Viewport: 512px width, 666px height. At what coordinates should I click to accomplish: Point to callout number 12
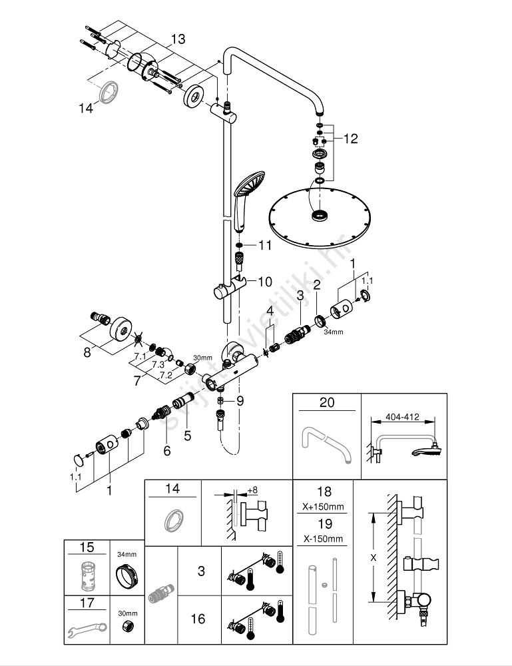[x=351, y=139]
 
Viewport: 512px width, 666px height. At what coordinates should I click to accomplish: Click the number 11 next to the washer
[x=265, y=245]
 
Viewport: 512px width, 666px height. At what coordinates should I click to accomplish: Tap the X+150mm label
[x=324, y=507]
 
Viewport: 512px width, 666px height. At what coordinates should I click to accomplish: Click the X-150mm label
[x=324, y=538]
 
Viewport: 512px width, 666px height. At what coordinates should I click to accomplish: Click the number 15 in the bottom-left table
[x=86, y=547]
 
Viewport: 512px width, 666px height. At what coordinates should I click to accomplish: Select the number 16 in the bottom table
[x=198, y=619]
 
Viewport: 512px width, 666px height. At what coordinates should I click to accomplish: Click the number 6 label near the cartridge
[x=166, y=451]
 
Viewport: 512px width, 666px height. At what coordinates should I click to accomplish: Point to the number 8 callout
[x=87, y=352]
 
